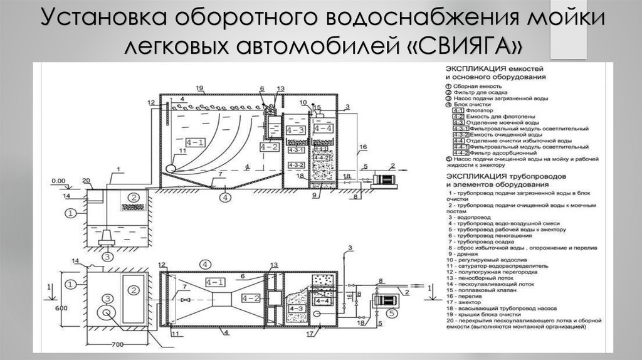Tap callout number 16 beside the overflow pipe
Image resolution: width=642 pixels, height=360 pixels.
pyautogui.click(x=361, y=149)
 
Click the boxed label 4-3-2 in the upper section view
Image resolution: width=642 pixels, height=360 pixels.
pyautogui.click(x=295, y=164)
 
